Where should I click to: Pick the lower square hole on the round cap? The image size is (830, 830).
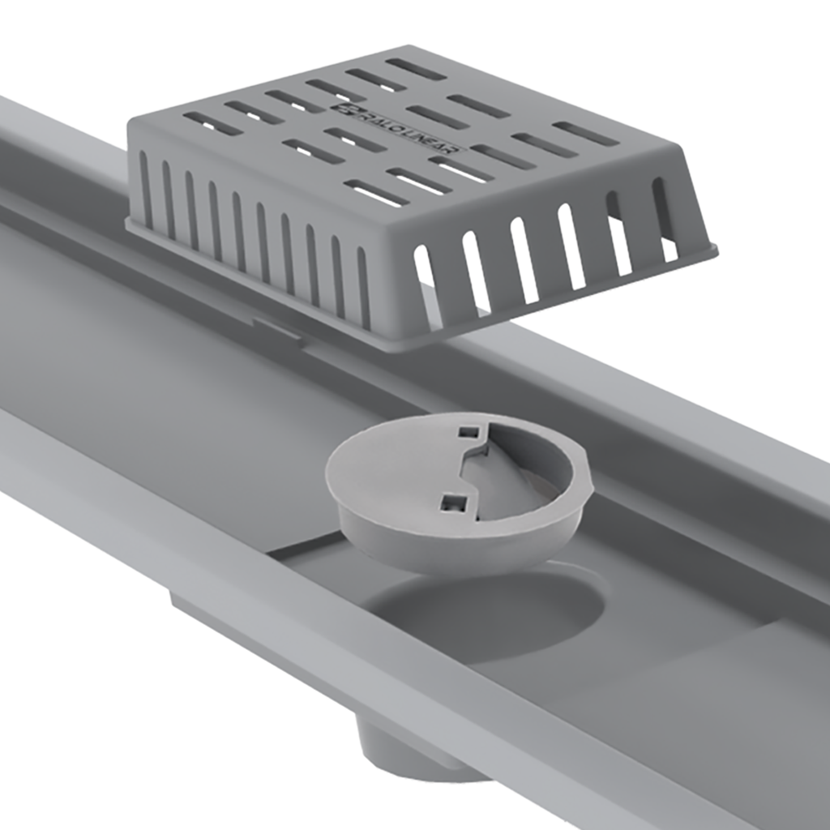tap(449, 504)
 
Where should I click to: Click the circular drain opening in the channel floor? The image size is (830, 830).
tap(486, 612)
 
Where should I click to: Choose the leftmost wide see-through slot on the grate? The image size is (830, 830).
tap(427, 284)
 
